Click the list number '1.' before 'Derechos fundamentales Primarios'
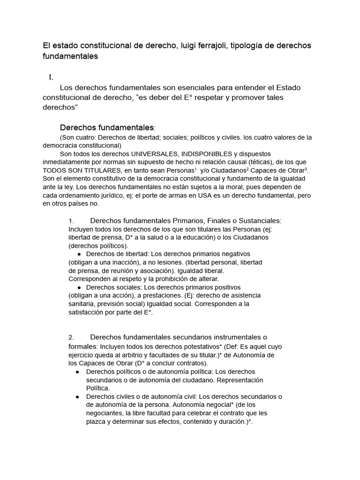(x=71, y=221)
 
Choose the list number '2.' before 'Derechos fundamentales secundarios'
(x=71, y=337)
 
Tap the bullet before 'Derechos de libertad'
(x=80, y=254)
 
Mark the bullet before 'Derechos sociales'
(x=80, y=287)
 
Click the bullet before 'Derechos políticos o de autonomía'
(x=77, y=371)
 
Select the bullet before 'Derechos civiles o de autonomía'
(x=77, y=397)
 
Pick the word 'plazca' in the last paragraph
(x=96, y=422)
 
